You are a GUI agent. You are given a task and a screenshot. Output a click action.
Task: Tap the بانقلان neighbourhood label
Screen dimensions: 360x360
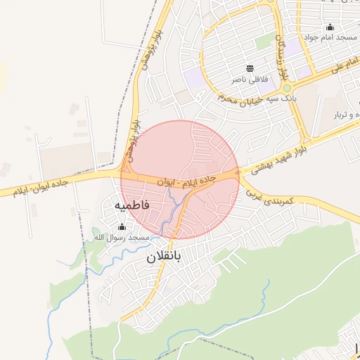(164, 257)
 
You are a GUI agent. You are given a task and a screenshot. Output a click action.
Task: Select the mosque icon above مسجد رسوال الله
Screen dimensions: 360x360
(122, 227)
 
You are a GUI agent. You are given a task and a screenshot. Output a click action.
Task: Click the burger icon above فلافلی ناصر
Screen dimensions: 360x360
(250, 68)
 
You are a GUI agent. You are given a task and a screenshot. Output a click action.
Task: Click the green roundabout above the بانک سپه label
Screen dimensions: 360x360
(287, 88)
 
